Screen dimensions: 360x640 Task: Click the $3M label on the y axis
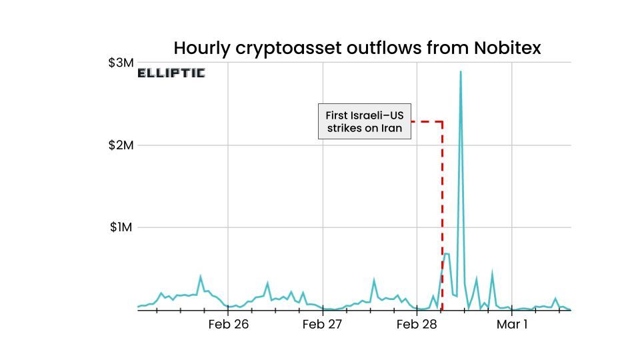[121, 63]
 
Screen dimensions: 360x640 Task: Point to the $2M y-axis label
[121, 145]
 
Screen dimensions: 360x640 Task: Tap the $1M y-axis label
[121, 227]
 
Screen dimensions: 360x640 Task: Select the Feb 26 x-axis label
[228, 325]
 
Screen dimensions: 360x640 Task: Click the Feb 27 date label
[322, 325]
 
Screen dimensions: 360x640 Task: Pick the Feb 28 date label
[416, 325]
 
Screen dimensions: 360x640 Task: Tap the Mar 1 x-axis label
[511, 325]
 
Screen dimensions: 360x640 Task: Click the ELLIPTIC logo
[171, 73]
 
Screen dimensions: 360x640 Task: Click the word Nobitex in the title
[507, 48]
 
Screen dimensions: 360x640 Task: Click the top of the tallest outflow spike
[460, 72]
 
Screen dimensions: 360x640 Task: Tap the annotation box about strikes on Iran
[364, 121]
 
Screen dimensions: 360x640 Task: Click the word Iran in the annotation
[391, 128]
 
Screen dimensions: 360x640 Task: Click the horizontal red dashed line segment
[427, 121]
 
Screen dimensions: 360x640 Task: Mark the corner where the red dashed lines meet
[443, 121]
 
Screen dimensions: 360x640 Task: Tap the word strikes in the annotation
[344, 128]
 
